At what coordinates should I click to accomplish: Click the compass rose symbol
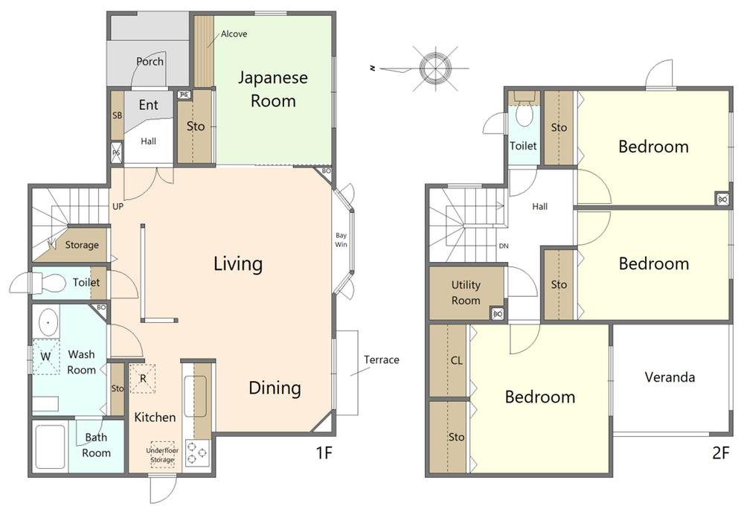tap(435, 68)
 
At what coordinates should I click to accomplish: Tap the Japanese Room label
tap(273, 89)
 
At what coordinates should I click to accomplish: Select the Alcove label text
tap(234, 33)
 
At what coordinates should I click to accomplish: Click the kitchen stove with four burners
tap(197, 452)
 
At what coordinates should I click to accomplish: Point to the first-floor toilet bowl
tap(51, 284)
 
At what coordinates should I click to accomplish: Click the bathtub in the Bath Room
tap(51, 447)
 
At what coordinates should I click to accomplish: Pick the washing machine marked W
tap(45, 356)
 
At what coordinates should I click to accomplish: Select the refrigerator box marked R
tap(143, 379)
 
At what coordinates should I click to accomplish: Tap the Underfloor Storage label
tap(162, 455)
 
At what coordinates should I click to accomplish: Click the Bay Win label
tap(341, 240)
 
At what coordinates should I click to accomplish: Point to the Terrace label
tap(382, 359)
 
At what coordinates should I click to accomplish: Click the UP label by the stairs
tap(118, 206)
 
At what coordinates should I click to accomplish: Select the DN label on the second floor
tap(504, 246)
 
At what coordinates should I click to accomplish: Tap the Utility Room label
tap(466, 292)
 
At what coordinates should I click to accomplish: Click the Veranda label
tap(670, 377)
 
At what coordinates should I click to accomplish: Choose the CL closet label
tap(457, 361)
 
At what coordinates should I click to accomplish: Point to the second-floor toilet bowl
tap(524, 115)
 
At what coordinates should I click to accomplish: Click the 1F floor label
tap(324, 453)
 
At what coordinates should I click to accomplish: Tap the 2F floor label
tap(720, 453)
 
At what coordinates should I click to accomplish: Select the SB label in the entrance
tap(118, 115)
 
